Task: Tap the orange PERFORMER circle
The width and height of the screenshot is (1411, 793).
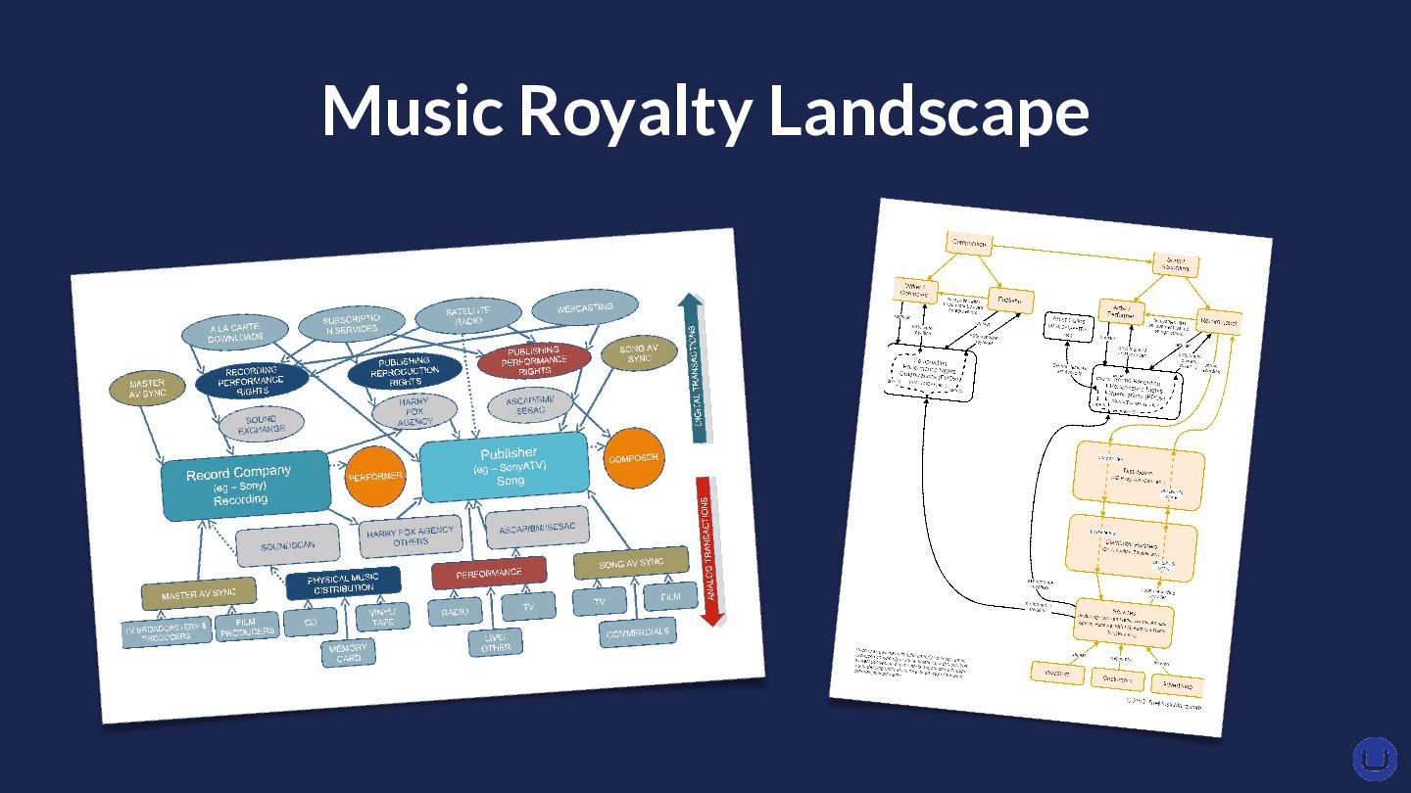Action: [x=375, y=476]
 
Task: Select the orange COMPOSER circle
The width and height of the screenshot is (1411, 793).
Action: [x=634, y=458]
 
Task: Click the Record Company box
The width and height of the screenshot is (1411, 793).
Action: [x=244, y=485]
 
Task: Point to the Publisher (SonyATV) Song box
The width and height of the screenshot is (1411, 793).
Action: [x=506, y=467]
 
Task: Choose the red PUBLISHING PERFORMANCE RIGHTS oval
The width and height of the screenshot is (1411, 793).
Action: [x=534, y=360]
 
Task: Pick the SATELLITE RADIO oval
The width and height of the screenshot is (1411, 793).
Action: [x=468, y=315]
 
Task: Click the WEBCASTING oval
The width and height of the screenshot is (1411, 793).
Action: [x=585, y=308]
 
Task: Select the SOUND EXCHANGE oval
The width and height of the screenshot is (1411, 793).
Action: [x=261, y=424]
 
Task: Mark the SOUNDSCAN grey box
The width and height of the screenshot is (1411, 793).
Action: [x=288, y=546]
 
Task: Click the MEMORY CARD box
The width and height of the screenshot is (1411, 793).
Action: [x=349, y=652]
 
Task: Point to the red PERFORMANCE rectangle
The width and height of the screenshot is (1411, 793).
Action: [x=489, y=573]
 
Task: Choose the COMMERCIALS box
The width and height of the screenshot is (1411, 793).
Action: [x=639, y=632]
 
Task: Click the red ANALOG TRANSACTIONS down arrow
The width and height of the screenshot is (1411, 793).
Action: [x=711, y=548]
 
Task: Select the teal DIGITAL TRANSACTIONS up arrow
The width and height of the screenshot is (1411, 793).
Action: [x=697, y=367]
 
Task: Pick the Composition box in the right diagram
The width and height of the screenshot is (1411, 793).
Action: [x=969, y=244]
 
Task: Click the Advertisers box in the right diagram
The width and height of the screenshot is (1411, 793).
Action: [x=1177, y=684]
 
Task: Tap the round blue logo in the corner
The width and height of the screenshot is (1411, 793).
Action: [x=1375, y=759]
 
